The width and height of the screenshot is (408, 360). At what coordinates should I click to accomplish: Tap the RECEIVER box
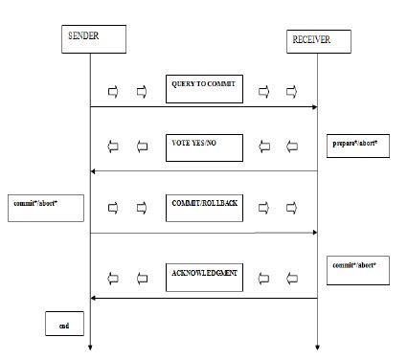tap(318, 41)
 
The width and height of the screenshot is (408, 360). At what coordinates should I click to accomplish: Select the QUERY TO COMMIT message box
tap(204, 89)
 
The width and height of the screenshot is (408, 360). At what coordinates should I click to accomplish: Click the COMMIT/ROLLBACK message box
tap(204, 207)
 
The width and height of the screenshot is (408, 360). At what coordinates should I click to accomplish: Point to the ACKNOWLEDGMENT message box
tap(204, 277)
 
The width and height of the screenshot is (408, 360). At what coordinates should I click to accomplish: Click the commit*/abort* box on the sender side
tap(43, 207)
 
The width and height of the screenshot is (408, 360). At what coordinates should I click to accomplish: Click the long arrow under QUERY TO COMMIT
tap(203, 107)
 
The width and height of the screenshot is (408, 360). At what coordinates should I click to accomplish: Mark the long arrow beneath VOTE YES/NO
tap(203, 170)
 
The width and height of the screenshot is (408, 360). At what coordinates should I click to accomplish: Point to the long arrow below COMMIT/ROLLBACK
tap(203, 233)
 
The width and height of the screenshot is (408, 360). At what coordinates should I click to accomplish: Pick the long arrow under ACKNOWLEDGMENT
tap(203, 298)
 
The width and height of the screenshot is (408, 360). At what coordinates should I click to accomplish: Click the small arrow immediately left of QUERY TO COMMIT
tap(142, 92)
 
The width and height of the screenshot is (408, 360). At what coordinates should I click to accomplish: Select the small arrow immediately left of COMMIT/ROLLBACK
tap(142, 208)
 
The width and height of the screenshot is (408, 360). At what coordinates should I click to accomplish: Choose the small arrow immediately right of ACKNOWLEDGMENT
tap(265, 278)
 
